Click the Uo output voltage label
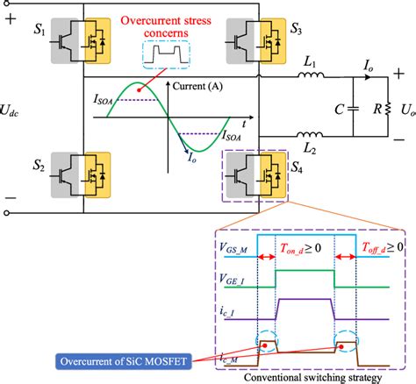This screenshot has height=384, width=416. pyautogui.click(x=405, y=114)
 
